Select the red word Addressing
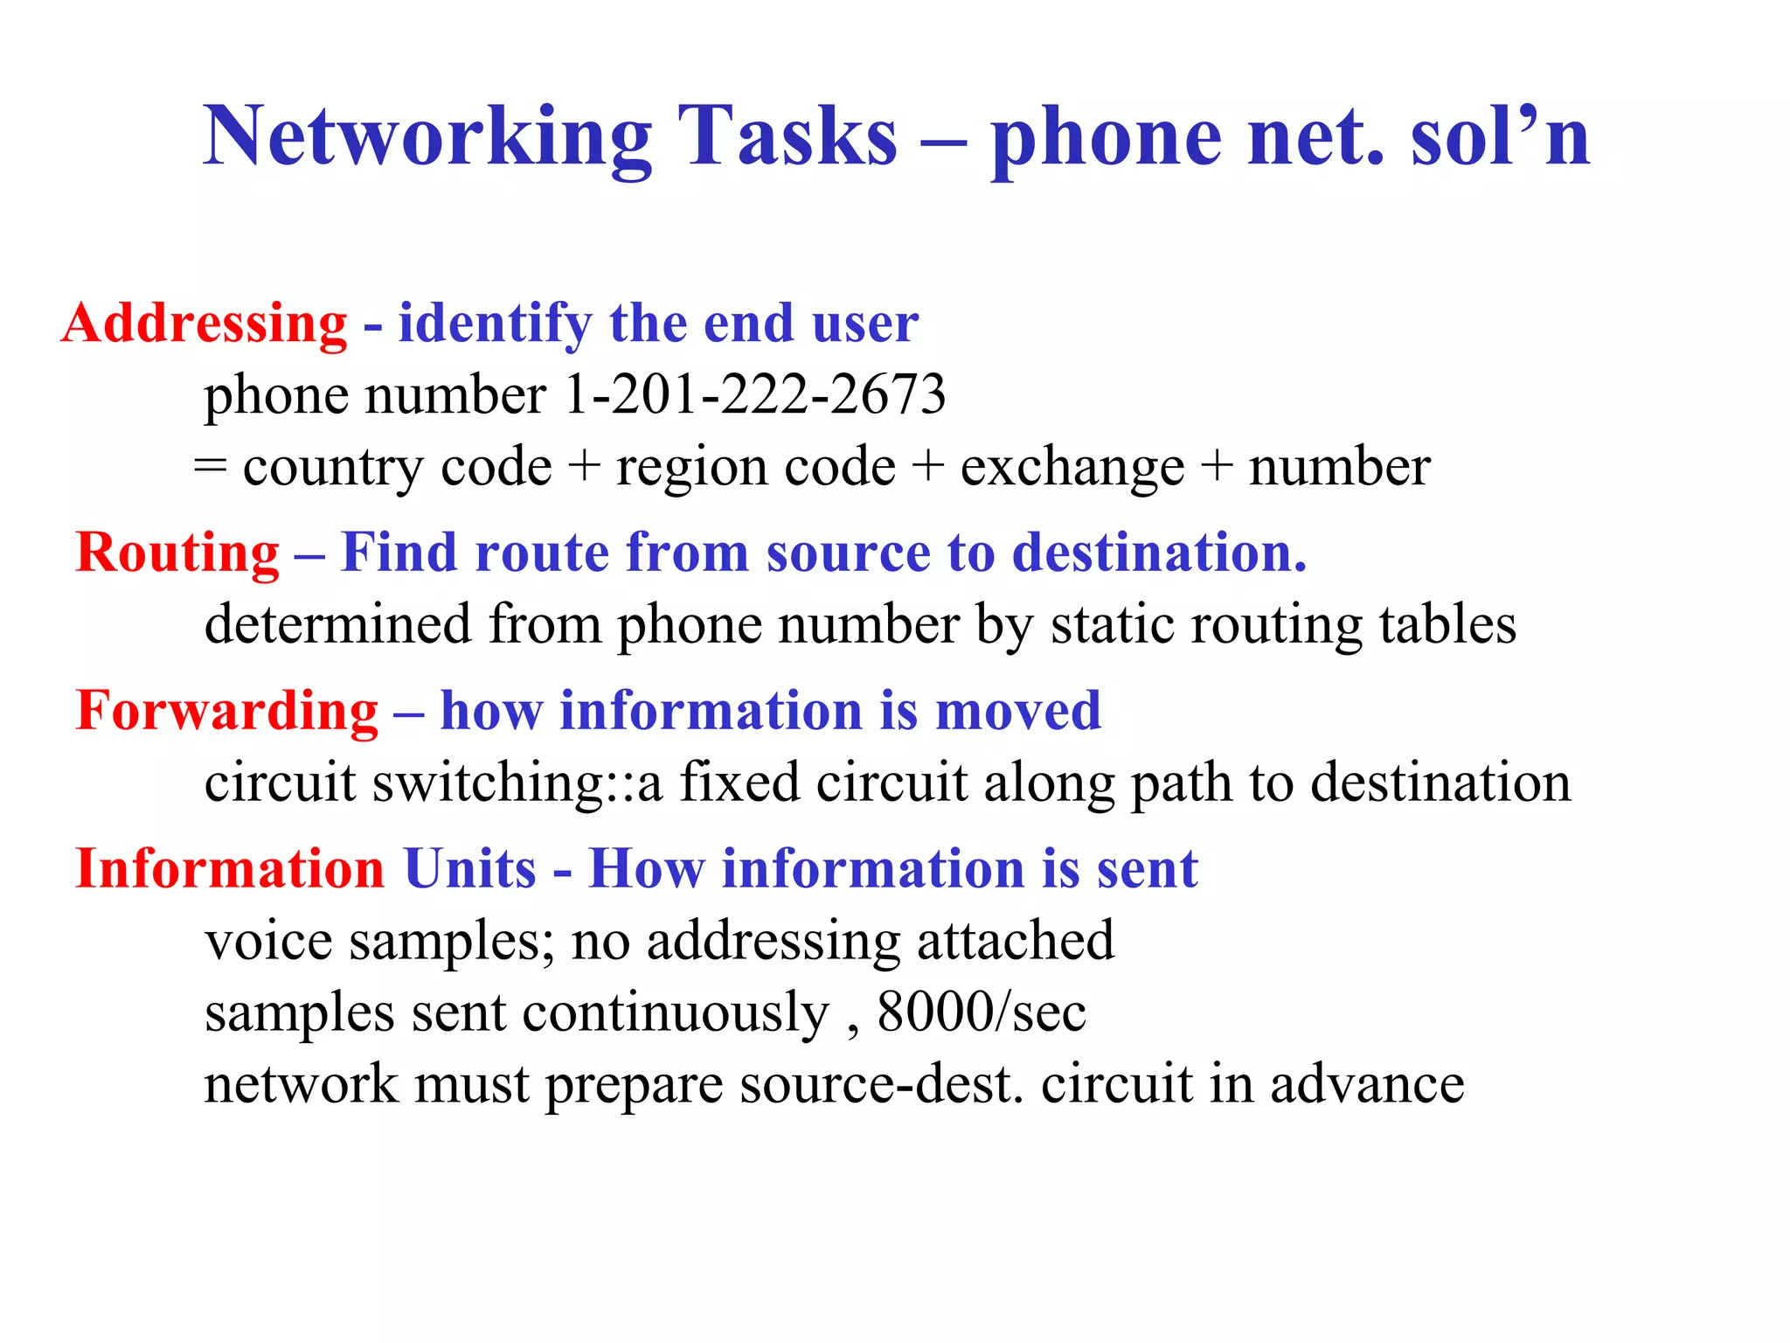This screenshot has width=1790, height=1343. (x=205, y=324)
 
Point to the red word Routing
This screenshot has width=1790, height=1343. (x=177, y=553)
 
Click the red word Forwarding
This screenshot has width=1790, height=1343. (x=227, y=710)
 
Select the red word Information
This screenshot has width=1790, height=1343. (x=230, y=869)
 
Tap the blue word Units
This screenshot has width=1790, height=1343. (x=470, y=869)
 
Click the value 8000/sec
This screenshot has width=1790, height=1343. (x=982, y=1012)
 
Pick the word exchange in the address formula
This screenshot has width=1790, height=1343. (x=1072, y=468)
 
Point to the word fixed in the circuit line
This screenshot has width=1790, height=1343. (x=739, y=782)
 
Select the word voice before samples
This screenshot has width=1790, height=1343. (x=268, y=942)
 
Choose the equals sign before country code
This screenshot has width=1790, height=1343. (x=211, y=466)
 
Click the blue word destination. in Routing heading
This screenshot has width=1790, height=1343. (x=1159, y=553)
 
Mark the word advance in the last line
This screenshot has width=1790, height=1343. (x=1367, y=1084)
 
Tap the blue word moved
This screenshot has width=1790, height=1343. (x=1018, y=710)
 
